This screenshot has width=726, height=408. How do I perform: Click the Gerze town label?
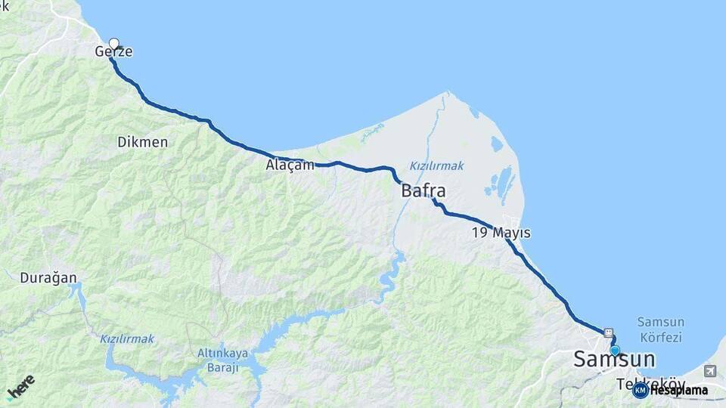(113, 52)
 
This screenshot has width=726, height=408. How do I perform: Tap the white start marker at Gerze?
(114, 43)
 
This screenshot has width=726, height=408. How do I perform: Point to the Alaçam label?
(290, 165)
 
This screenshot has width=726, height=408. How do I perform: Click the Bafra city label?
(423, 190)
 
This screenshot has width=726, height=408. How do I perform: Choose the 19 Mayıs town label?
(501, 233)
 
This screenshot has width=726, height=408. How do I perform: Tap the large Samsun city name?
(614, 360)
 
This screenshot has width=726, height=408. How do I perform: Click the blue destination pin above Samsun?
(615, 351)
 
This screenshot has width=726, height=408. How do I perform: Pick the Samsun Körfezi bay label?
(659, 329)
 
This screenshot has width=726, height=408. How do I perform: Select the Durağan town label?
(48, 278)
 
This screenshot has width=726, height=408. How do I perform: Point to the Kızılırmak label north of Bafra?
(436, 165)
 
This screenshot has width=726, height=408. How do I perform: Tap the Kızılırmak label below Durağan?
(127, 339)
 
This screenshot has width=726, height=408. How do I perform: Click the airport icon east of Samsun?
(709, 370)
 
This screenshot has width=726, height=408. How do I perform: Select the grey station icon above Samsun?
(608, 332)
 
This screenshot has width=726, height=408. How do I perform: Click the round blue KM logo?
(640, 391)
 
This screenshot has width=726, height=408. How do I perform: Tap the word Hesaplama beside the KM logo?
(679, 391)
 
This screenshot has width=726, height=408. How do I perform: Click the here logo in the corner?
(20, 386)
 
